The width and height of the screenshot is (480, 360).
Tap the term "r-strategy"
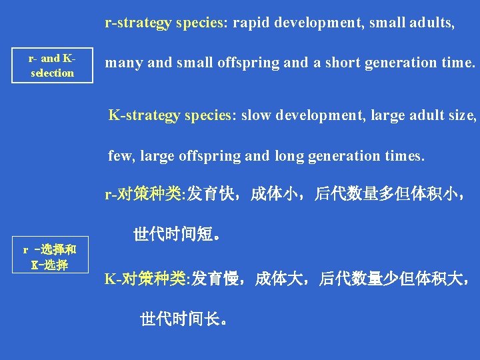click(x=137, y=23)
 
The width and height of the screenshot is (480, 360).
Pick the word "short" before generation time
click(x=342, y=63)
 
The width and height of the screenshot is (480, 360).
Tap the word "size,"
click(x=462, y=115)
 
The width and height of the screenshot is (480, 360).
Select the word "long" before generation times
click(x=286, y=156)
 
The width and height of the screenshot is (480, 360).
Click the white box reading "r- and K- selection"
click(x=52, y=66)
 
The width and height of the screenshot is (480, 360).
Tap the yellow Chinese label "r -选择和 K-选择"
click(x=49, y=258)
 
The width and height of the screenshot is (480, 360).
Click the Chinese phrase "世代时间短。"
click(x=177, y=234)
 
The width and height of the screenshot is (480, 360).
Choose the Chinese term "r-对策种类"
click(x=144, y=195)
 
